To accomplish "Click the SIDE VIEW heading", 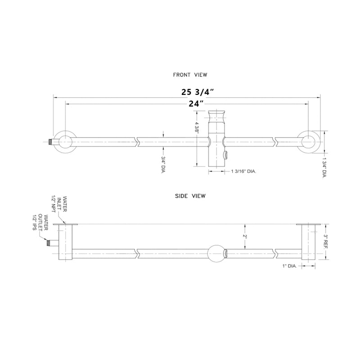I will [x=190, y=196].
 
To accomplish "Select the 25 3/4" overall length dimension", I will [x=197, y=92].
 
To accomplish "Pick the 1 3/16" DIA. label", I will [x=243, y=171].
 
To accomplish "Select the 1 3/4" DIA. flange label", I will [x=324, y=167].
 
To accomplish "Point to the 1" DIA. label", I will [x=288, y=266].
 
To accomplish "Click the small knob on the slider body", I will [x=225, y=156].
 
